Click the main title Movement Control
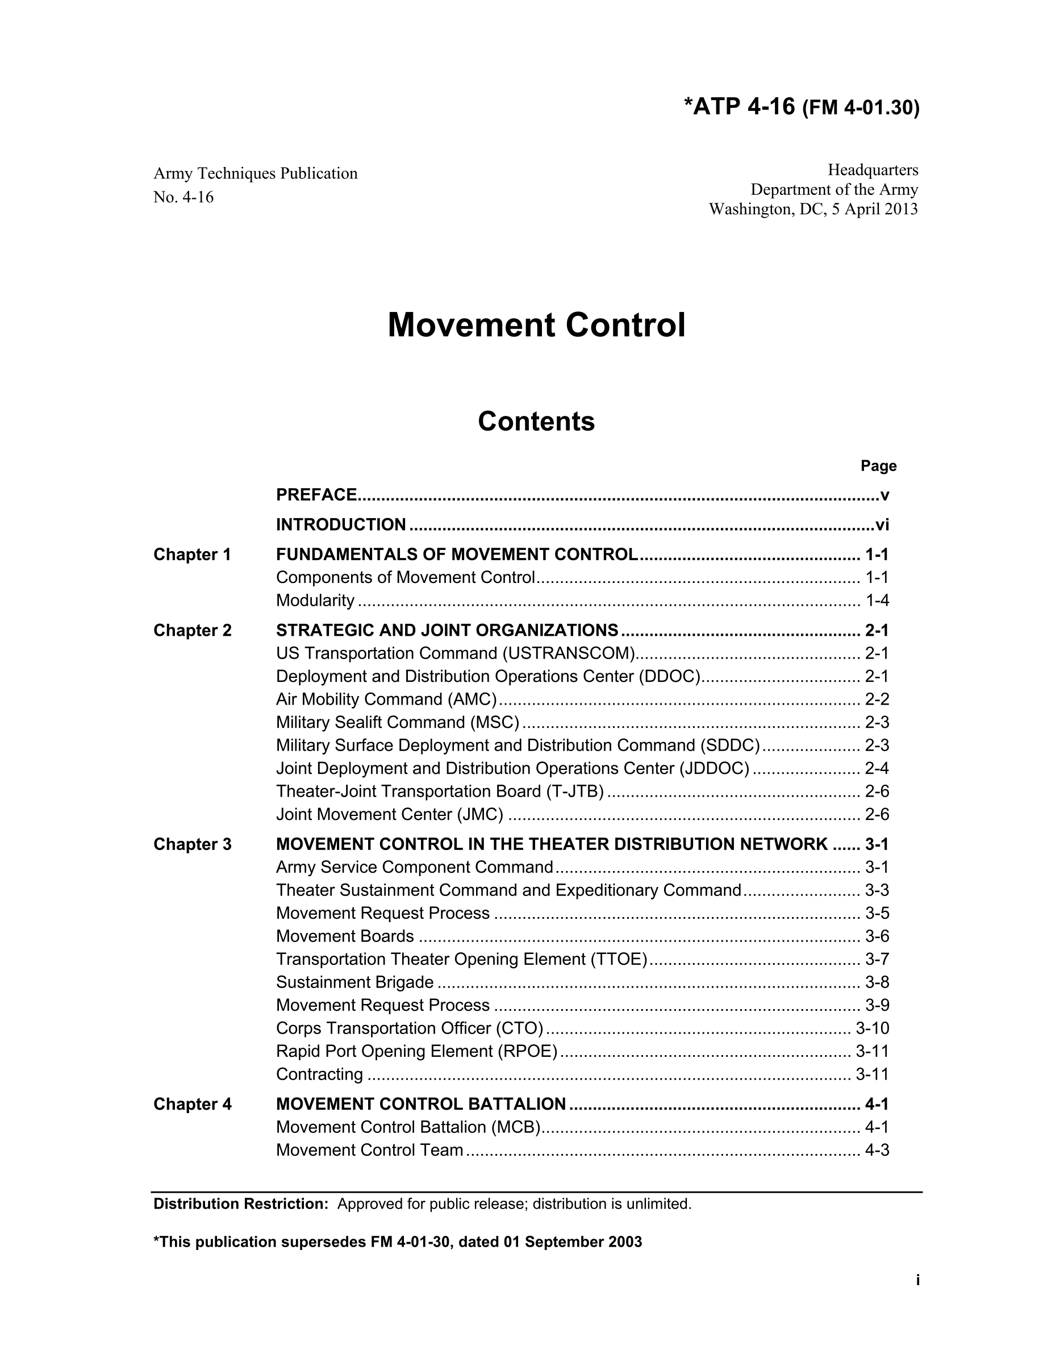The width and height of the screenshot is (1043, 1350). click(x=536, y=325)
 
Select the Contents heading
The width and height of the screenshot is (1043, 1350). click(x=536, y=422)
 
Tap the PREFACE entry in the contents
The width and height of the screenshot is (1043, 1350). click(x=316, y=494)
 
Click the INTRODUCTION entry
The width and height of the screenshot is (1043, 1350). click(x=341, y=524)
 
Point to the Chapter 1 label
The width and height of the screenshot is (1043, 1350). click(x=192, y=555)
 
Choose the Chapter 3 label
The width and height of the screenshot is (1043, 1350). click(x=192, y=844)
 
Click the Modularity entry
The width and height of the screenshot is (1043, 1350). click(x=315, y=600)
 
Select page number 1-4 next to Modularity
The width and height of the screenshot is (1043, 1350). click(x=877, y=600)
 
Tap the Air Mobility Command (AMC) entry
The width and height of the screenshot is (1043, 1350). click(x=386, y=699)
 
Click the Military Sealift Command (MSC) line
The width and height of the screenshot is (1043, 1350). click(x=397, y=722)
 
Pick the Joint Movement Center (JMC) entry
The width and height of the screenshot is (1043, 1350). click(x=389, y=814)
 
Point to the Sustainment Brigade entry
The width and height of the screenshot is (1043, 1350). click(x=354, y=982)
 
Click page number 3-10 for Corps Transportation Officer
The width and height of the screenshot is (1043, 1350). click(x=872, y=1028)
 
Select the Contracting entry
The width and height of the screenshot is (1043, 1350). click(x=319, y=1074)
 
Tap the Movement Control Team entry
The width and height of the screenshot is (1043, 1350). click(x=369, y=1150)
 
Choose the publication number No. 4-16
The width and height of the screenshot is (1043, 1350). click(x=183, y=197)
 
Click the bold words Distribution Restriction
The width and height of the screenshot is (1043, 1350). click(x=240, y=1203)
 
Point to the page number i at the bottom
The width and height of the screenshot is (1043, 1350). click(x=917, y=1280)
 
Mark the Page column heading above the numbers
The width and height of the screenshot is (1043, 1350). click(x=878, y=465)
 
